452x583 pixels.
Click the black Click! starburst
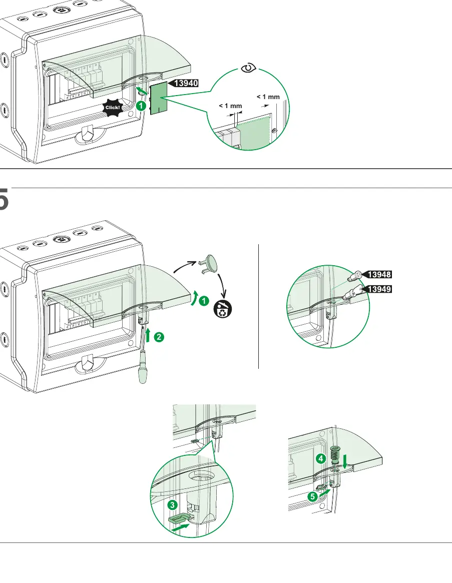[x=113, y=108]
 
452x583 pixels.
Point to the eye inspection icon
[x=248, y=68]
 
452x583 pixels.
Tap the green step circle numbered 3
[x=172, y=505]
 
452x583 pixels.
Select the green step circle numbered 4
[x=321, y=458]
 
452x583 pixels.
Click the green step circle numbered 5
[x=312, y=497]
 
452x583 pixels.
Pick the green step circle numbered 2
[x=159, y=337]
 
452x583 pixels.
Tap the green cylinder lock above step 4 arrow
[x=335, y=455]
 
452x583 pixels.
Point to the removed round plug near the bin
[x=209, y=264]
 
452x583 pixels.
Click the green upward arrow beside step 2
[x=148, y=335]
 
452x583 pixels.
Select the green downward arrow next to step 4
[x=345, y=461]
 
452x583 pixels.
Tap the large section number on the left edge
[x=4, y=200]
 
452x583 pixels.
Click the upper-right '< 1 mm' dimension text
[x=268, y=97]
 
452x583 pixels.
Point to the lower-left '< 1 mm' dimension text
[x=230, y=106]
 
